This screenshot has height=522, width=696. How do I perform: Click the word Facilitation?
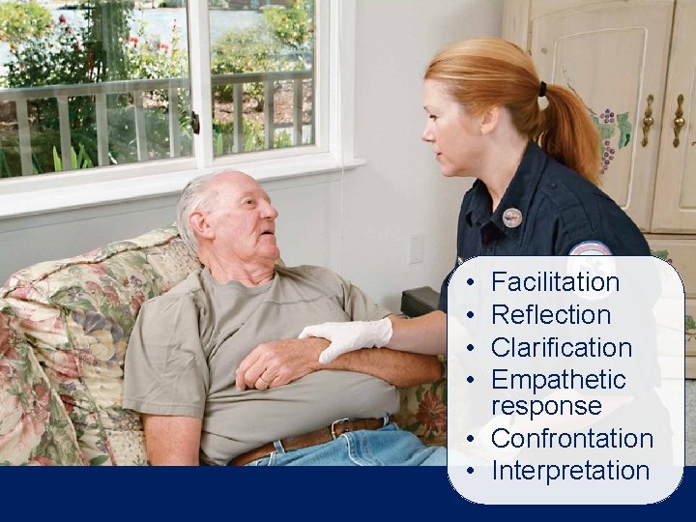click(x=555, y=282)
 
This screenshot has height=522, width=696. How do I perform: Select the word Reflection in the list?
click(x=551, y=315)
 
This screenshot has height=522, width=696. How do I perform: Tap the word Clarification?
click(x=561, y=347)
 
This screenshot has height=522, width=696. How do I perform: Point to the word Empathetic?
click(x=558, y=380)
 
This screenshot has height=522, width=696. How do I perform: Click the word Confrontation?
click(x=572, y=439)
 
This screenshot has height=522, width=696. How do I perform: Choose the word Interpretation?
click(x=569, y=471)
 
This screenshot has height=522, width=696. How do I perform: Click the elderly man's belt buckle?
click(x=340, y=427)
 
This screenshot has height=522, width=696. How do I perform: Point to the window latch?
click(x=195, y=123)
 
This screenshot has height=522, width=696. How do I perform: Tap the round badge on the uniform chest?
click(x=511, y=217)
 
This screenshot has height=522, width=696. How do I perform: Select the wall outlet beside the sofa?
click(x=415, y=248)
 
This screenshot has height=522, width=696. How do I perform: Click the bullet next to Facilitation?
click(x=468, y=283)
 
